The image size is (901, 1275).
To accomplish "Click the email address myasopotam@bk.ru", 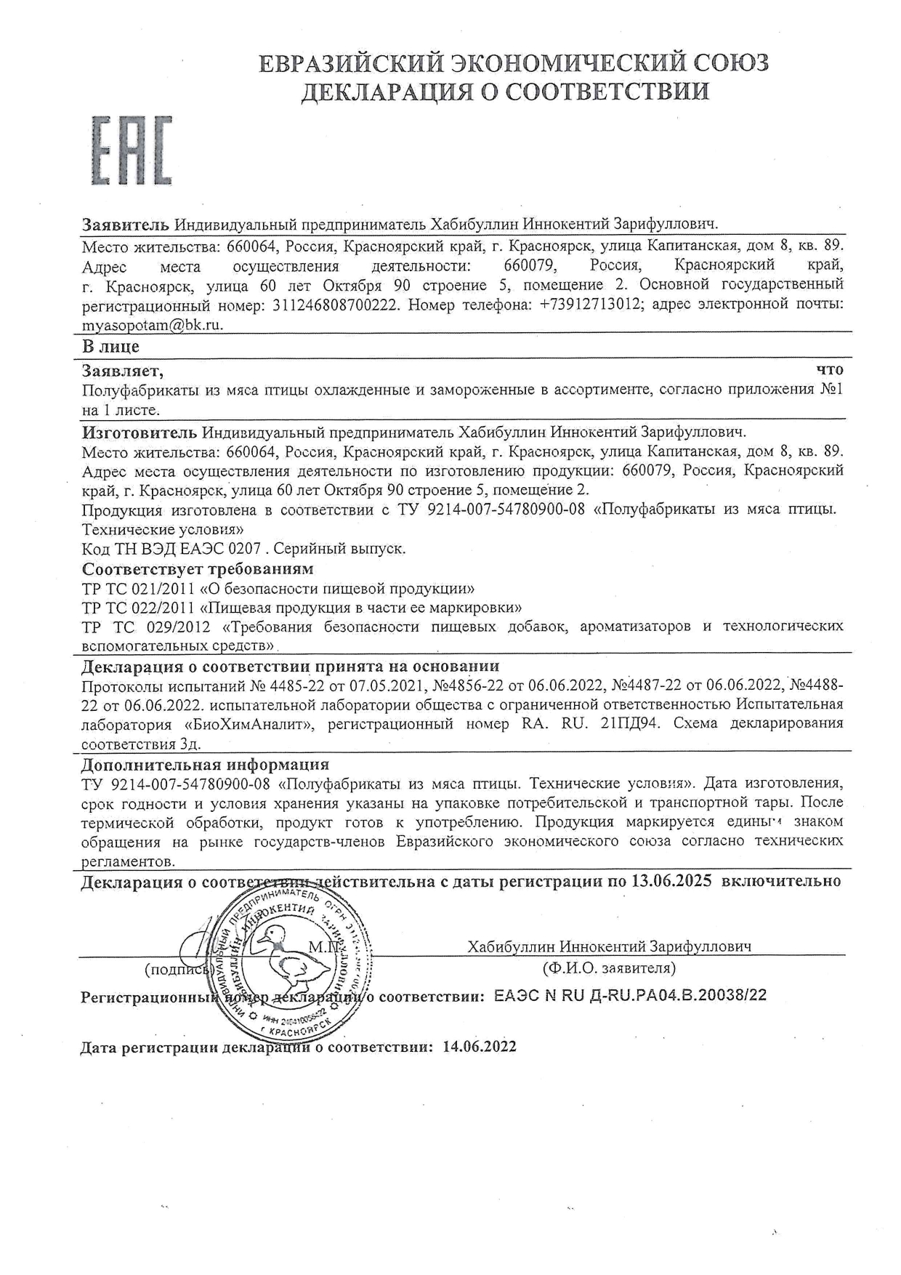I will (x=153, y=325).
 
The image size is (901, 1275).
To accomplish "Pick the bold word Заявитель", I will (x=126, y=224).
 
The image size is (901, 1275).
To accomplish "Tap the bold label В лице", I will (x=110, y=347).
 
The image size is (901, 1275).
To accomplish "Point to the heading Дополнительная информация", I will (x=206, y=765).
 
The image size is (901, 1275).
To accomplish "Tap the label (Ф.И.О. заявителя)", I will (x=609, y=968).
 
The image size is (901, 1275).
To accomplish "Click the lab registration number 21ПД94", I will (x=633, y=723).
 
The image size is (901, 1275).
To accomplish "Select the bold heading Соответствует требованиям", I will (x=198, y=568).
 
